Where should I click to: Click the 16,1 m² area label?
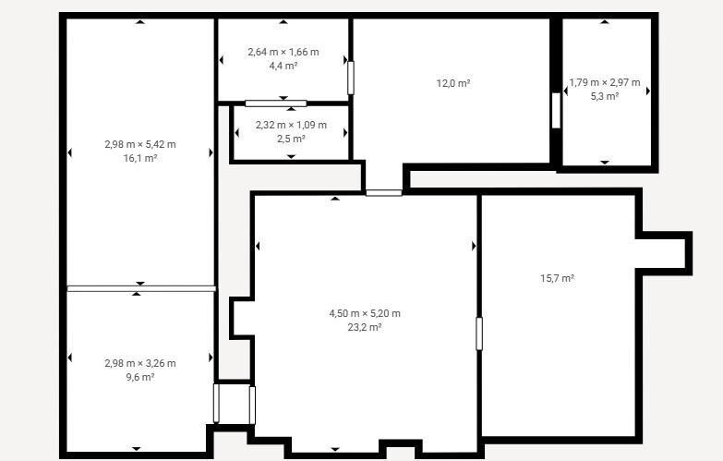click(140, 158)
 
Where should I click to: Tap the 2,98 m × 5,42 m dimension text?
click(140, 144)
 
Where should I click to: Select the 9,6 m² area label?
click(140, 377)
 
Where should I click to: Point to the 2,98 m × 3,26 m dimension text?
click(140, 363)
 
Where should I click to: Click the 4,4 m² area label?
click(283, 66)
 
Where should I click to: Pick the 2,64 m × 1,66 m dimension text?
click(283, 52)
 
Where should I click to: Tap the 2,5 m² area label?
click(291, 139)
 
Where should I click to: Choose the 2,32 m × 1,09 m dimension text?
click(291, 125)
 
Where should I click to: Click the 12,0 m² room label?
click(453, 83)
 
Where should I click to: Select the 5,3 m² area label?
click(605, 96)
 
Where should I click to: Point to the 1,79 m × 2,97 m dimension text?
click(605, 82)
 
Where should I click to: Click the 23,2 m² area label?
click(364, 327)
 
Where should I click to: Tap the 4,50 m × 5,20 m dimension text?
click(364, 313)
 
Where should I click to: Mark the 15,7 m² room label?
click(557, 278)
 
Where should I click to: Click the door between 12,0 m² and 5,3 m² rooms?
click(556, 111)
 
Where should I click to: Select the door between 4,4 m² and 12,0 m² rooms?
click(351, 78)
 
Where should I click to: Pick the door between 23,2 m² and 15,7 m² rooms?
click(479, 334)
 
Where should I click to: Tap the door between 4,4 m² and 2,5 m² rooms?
click(276, 103)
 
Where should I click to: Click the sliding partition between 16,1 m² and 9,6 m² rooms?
click(141, 289)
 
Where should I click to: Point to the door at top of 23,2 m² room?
click(383, 193)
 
